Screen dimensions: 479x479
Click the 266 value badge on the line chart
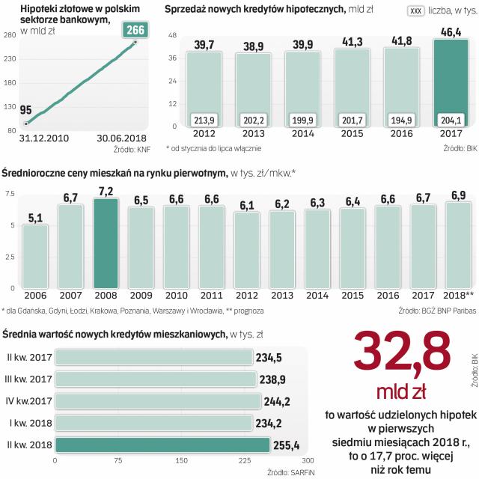click(135, 31)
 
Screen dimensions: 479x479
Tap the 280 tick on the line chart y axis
click(10, 35)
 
